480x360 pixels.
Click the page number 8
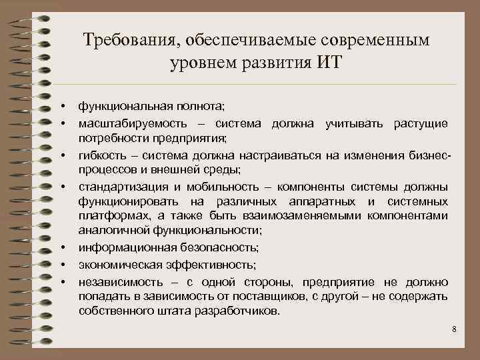pos(453,329)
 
